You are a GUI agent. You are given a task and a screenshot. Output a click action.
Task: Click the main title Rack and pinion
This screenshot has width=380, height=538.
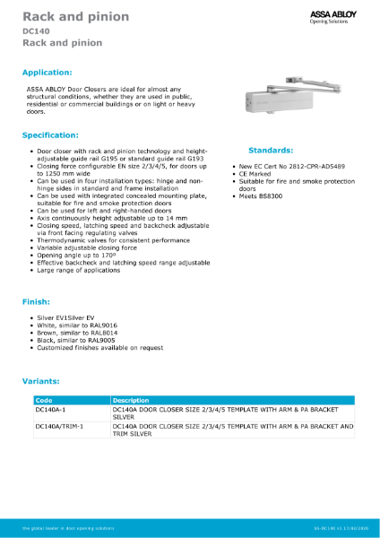click(x=75, y=17)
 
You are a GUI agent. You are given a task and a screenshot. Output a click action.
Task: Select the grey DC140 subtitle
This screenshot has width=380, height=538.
click(x=37, y=31)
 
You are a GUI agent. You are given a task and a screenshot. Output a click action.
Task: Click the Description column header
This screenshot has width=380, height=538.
click(x=131, y=400)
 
